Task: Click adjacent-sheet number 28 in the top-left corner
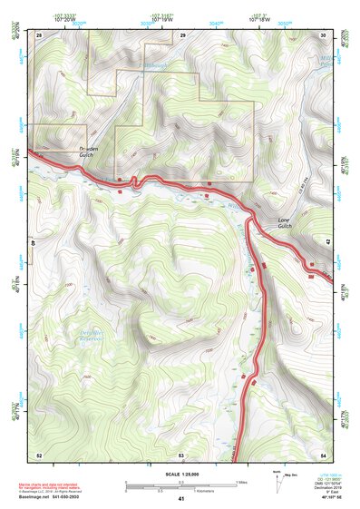pyautogui.click(x=39, y=34)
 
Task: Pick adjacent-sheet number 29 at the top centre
pyautogui.click(x=182, y=34)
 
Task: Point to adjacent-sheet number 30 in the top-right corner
pyautogui.click(x=324, y=34)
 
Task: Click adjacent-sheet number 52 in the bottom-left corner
pyautogui.click(x=39, y=454)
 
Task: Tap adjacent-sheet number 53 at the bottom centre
pyautogui.click(x=181, y=454)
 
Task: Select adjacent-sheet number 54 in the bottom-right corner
pyautogui.click(x=324, y=454)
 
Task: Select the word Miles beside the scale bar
pyautogui.click(x=241, y=481)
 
